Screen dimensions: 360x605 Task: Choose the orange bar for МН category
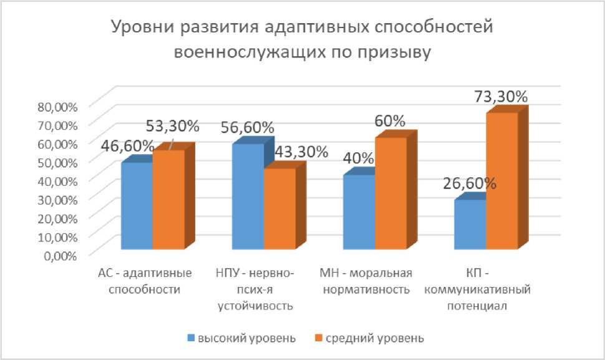(390, 193)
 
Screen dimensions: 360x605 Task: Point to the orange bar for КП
(501, 181)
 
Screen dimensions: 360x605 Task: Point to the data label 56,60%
(248, 127)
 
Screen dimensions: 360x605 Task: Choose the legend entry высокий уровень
(241, 338)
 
